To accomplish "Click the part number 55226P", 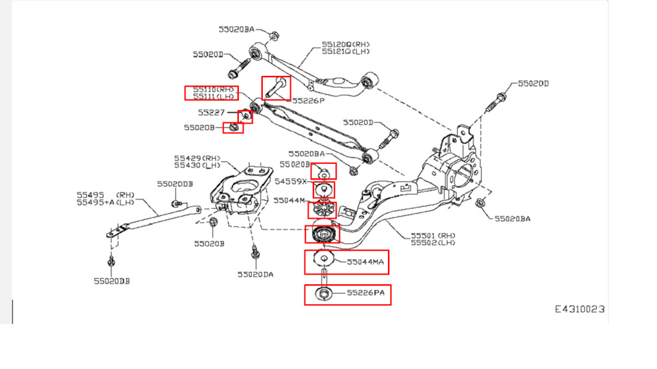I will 308,100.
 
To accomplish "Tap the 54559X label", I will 291,182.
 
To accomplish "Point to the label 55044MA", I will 365,262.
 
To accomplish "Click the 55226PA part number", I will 365,292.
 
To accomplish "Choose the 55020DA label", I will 255,274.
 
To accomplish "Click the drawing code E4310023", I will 579,309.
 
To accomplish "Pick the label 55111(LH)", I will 213,97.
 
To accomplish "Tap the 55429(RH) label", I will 197,158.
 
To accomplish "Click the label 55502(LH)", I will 433,243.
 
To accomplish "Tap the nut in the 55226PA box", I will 322,295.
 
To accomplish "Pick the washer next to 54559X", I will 322,189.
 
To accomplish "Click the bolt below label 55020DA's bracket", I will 255,254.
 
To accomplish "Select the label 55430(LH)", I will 197,165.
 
